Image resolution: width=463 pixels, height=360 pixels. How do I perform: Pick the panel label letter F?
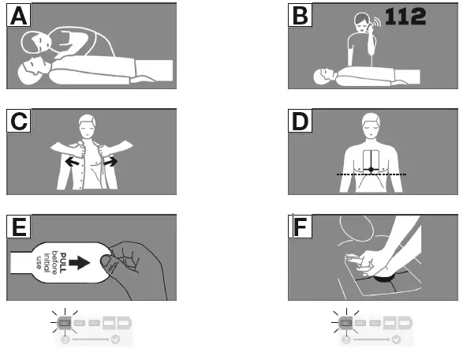coord(303,227)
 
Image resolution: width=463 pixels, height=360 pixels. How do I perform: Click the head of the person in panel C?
coord(90,127)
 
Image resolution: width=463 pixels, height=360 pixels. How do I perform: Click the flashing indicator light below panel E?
coord(65,321)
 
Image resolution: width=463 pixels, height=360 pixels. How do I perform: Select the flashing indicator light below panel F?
coord(345,321)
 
